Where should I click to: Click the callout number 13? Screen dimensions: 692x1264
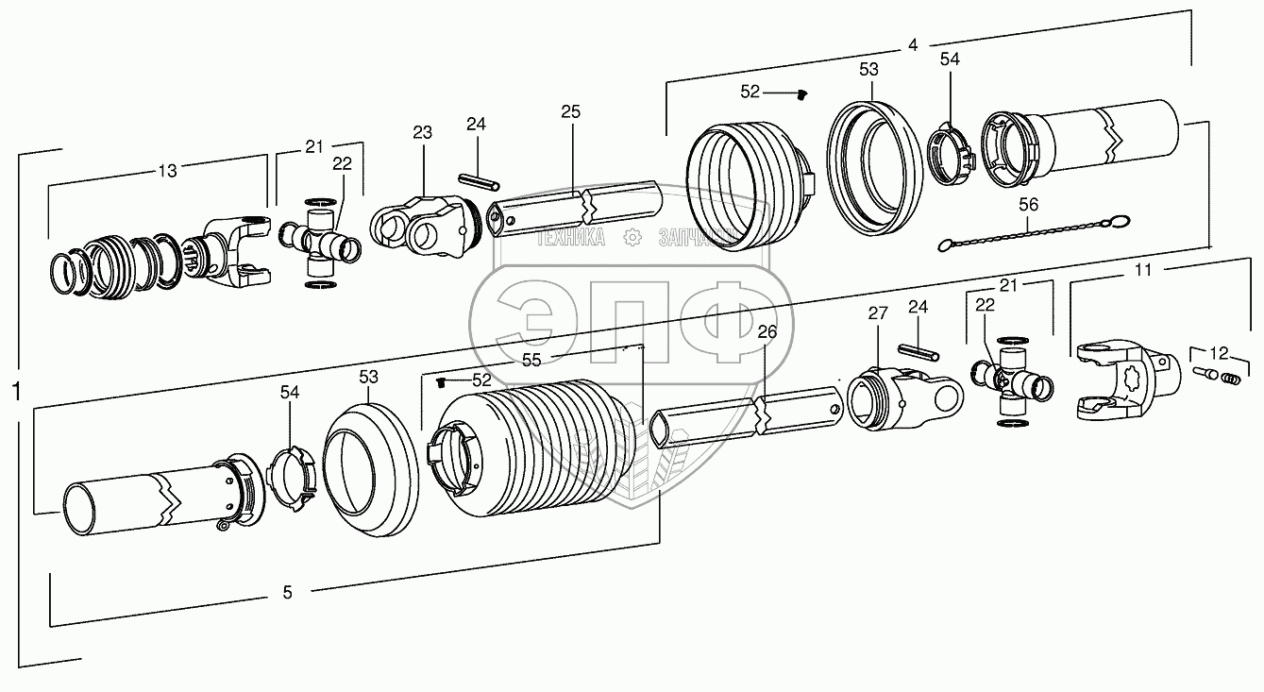166,171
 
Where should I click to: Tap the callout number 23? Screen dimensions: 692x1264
421,134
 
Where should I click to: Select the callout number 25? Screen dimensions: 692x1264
570,111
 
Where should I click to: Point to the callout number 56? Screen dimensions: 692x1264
1028,204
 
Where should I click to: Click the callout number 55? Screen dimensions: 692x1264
531,359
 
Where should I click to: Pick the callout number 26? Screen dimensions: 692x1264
767,331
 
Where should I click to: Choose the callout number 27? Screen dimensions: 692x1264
878,313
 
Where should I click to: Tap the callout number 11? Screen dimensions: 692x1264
1143,271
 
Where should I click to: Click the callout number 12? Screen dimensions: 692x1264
1221,353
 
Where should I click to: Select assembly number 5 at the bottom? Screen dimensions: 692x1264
287,592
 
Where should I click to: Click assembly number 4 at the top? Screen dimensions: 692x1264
912,44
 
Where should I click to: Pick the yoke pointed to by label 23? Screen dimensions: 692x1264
421,228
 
